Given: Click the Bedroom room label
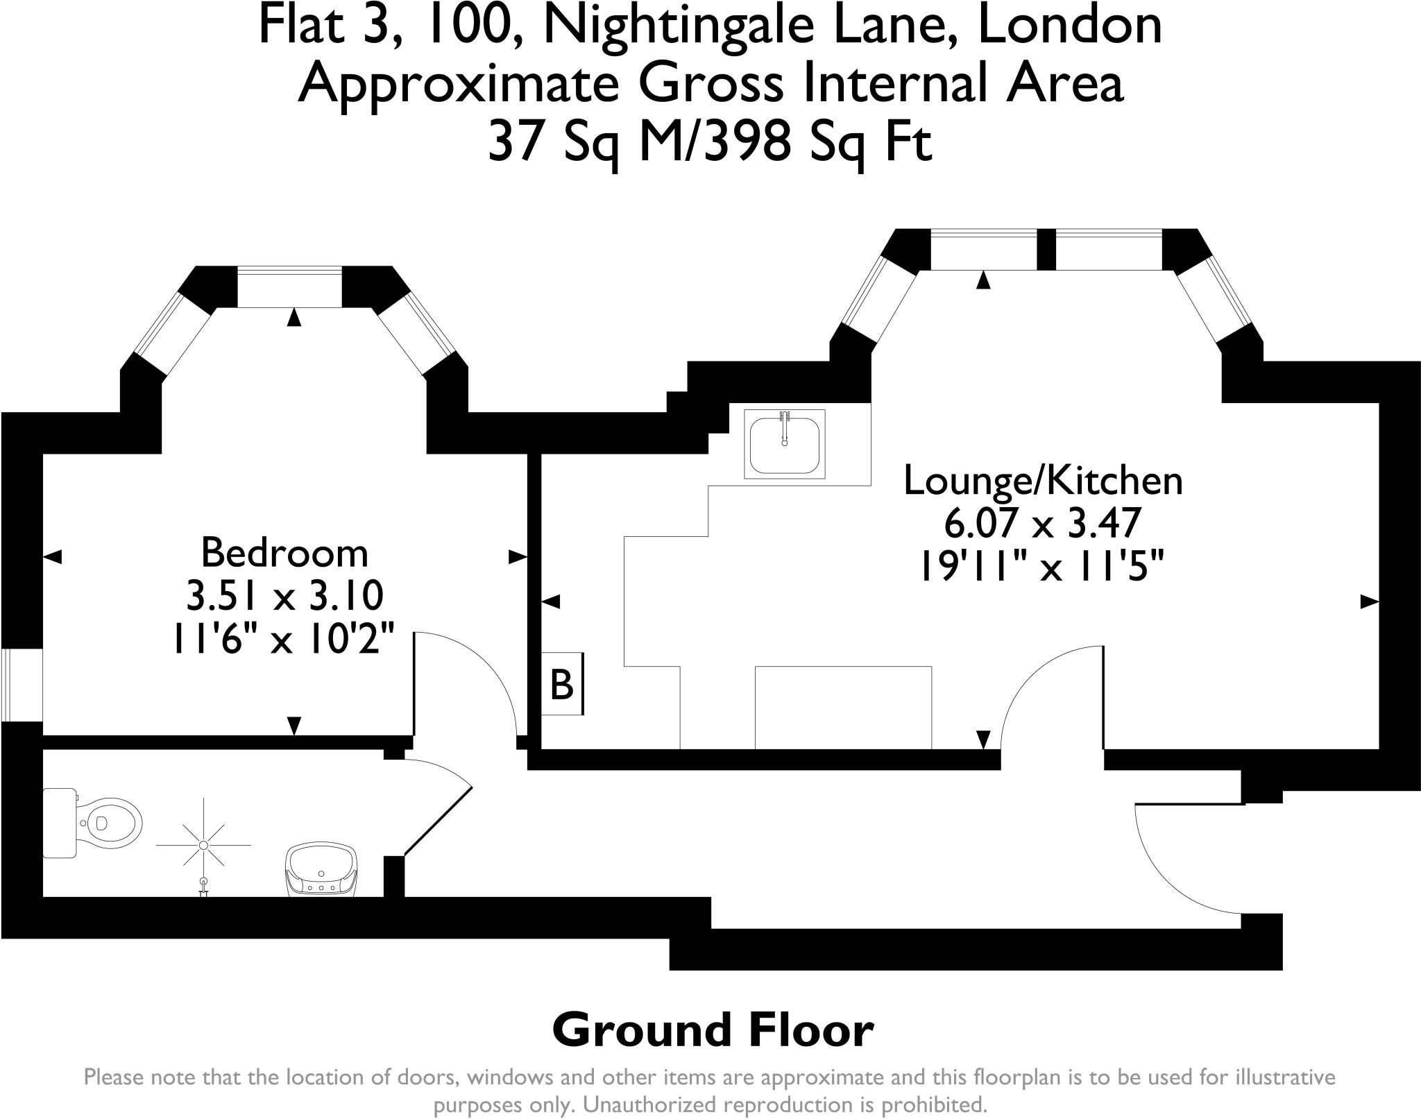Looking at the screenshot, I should click(x=284, y=553).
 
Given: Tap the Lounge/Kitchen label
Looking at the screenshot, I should click(x=1043, y=481).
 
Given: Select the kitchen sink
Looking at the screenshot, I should click(x=785, y=444).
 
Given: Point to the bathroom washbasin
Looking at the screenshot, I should click(x=322, y=870).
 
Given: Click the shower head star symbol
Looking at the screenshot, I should click(x=203, y=845).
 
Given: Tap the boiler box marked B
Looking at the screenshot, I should click(x=561, y=684).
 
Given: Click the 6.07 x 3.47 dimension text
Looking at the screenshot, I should click(x=1043, y=523).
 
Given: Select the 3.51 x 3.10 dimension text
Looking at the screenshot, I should click(x=284, y=595).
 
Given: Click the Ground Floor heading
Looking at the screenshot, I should click(x=713, y=1030).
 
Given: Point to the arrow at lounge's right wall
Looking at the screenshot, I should click(x=1368, y=603).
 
